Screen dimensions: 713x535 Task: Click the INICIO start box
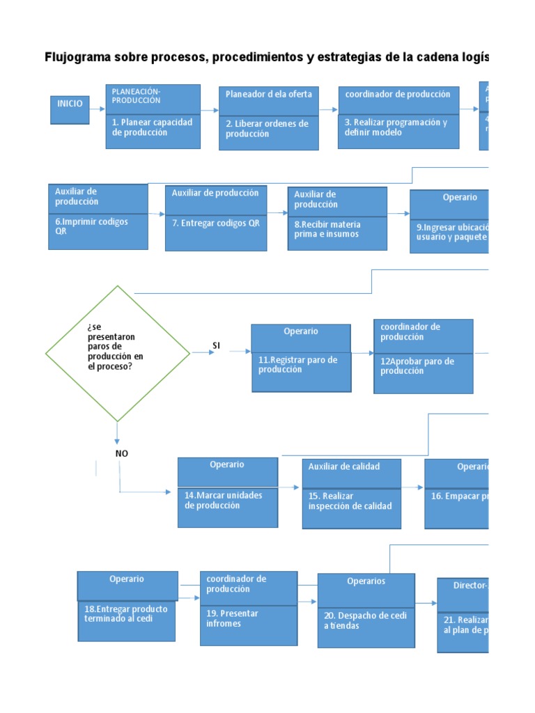70,109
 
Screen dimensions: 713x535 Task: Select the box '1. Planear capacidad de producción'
153,130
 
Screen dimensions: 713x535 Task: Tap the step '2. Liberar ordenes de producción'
269,132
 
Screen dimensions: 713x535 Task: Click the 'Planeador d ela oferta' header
269,94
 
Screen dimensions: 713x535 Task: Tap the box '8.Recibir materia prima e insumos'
337,232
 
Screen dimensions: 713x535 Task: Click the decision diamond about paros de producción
117,353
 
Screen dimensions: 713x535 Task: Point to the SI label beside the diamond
216,345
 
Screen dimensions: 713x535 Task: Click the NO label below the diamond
122,453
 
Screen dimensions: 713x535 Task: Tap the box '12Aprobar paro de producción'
423,368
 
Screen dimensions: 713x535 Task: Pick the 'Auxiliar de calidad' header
351,467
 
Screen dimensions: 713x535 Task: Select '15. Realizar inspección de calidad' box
351,507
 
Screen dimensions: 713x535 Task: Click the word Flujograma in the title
76,57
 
